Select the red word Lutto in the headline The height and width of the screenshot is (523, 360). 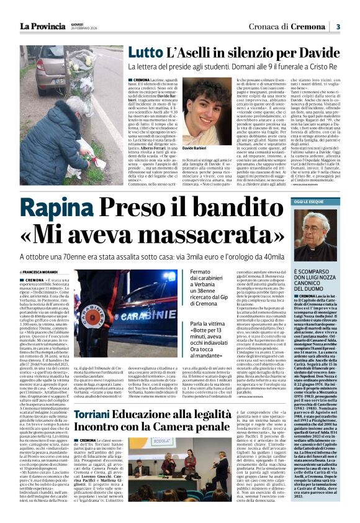point(145,53)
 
